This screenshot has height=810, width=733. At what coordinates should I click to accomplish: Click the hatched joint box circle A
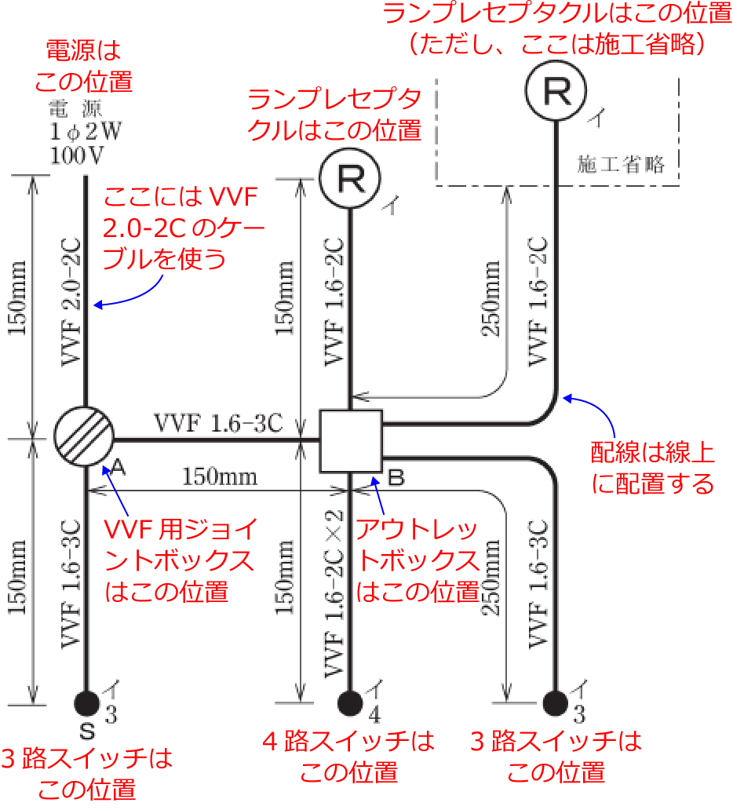[85, 436]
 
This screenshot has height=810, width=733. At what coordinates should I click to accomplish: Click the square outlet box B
[351, 441]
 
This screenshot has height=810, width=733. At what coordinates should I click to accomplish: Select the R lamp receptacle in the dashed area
[556, 91]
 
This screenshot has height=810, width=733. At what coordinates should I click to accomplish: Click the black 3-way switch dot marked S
[86, 702]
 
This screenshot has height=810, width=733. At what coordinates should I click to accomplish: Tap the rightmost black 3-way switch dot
[556, 702]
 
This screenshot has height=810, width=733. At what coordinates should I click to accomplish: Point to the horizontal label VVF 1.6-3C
[217, 423]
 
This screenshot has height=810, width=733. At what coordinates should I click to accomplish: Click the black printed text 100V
[76, 155]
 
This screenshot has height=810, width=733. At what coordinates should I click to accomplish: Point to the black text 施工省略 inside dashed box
[621, 165]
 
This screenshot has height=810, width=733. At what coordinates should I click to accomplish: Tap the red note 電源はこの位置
[84, 66]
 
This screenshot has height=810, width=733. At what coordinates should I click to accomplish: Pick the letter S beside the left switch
[87, 732]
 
